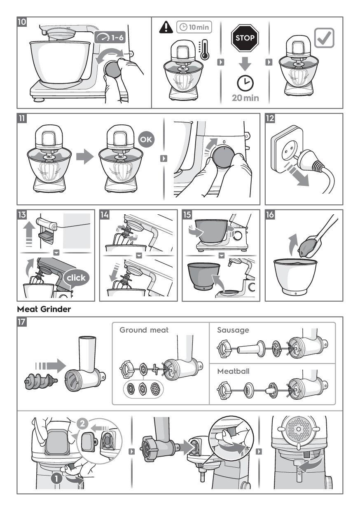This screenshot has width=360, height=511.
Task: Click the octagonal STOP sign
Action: [245, 38]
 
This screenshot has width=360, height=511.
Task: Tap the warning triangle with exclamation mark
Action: [166, 27]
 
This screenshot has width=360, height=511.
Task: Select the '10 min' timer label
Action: [194, 27]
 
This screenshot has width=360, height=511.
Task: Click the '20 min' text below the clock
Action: [245, 98]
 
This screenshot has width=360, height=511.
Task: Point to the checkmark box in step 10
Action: [324, 38]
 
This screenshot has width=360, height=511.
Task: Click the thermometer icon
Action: [205, 50]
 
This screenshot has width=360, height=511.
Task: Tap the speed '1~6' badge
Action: [110, 37]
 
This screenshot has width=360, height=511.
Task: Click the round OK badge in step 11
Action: [146, 139]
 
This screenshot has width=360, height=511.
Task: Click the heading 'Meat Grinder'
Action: [44, 309]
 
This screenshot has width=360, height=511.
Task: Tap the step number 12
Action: [270, 118]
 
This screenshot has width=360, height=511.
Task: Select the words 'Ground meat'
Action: [144, 330]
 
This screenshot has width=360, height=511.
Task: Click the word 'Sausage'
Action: [233, 330]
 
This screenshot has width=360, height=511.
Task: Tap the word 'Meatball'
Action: [233, 371]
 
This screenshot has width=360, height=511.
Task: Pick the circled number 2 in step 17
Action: [82, 424]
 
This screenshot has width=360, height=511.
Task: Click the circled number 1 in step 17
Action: [56, 478]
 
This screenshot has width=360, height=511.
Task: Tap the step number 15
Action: [187, 215]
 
